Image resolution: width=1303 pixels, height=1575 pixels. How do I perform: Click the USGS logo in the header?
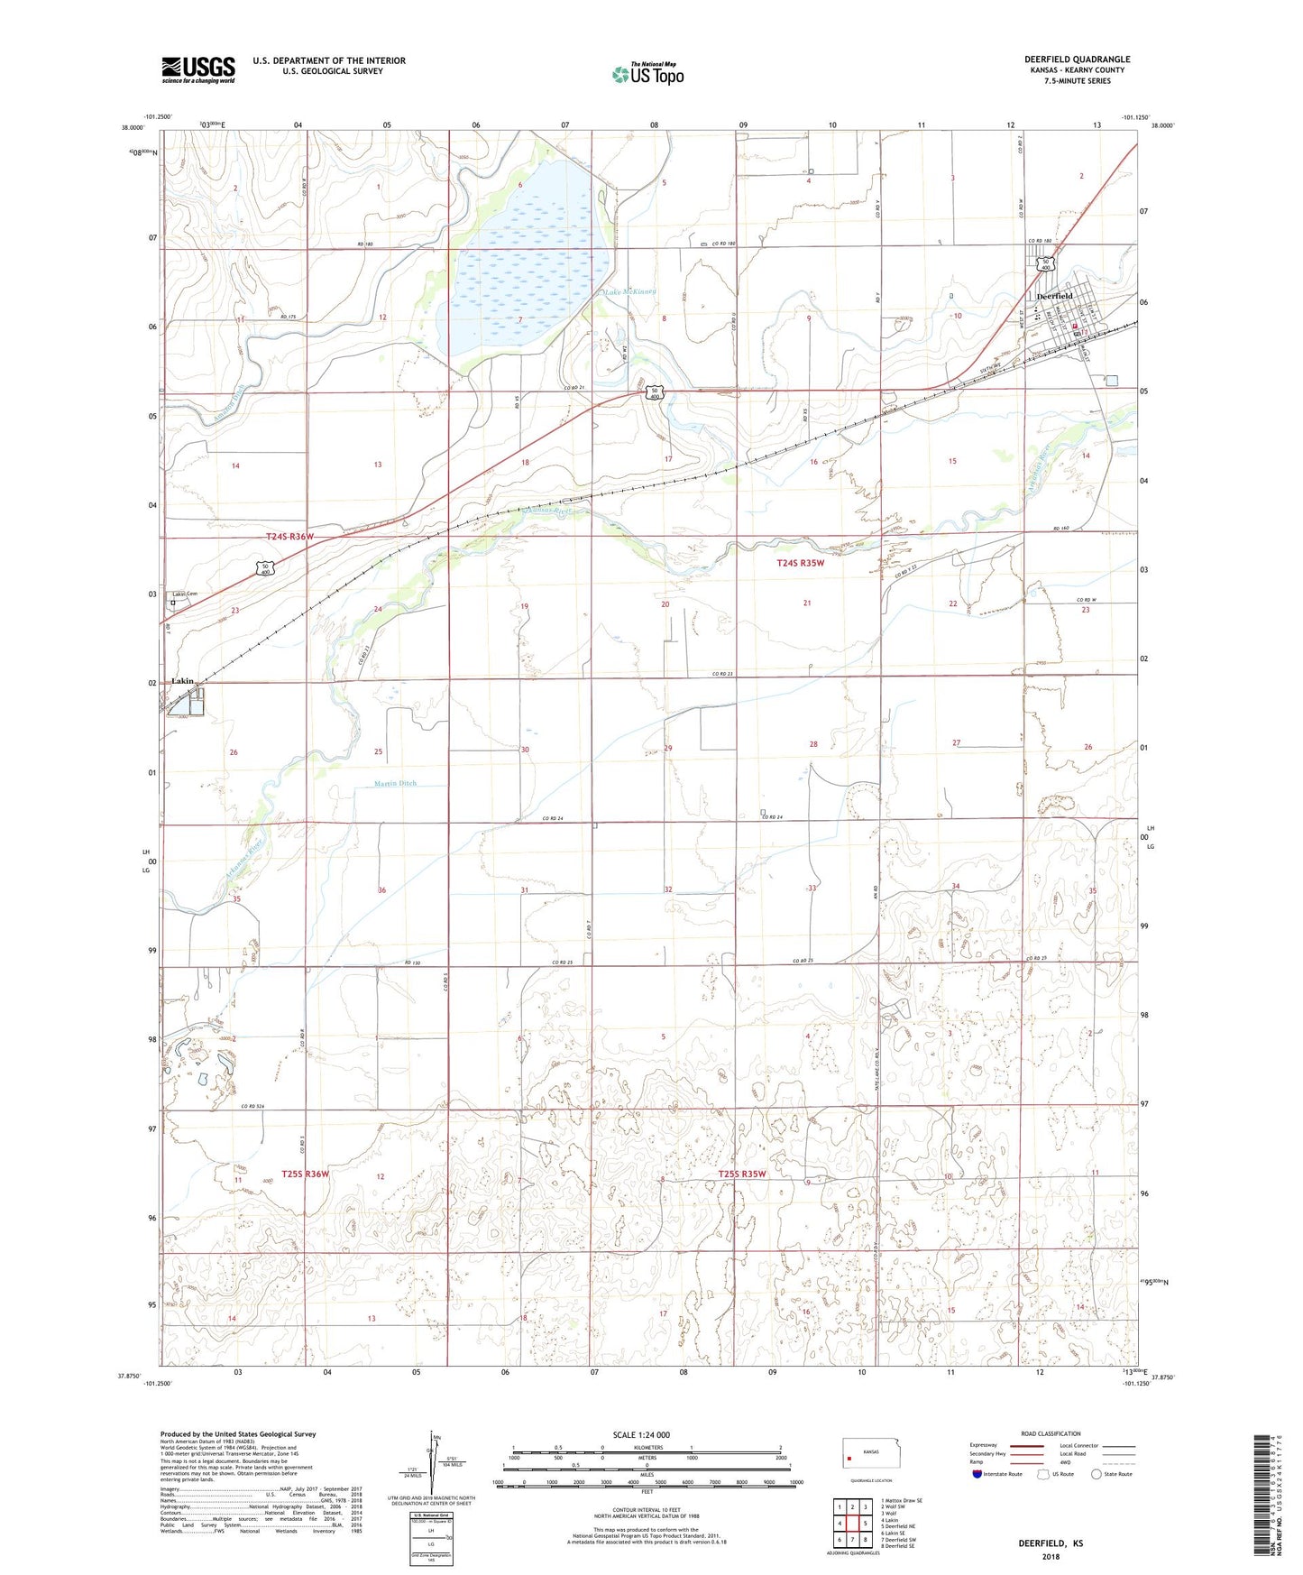tap(198, 69)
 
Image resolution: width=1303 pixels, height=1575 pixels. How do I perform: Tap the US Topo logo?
tap(647, 74)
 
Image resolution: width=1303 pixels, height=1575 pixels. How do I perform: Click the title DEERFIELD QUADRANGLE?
tap(1077, 60)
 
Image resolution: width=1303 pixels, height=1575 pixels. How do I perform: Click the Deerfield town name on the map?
tap(1054, 296)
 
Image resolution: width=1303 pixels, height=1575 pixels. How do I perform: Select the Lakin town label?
tap(184, 681)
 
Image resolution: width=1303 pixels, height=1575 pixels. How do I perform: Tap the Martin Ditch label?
tap(395, 783)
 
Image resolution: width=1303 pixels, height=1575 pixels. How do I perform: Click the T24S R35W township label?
tap(800, 563)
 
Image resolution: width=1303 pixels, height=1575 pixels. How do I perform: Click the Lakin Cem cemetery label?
tap(186, 594)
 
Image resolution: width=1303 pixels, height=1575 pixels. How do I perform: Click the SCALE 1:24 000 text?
tap(641, 1434)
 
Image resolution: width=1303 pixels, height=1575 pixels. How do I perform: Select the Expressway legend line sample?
tap(1027, 1446)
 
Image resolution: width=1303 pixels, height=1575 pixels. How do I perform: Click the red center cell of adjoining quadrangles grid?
tap(852, 1524)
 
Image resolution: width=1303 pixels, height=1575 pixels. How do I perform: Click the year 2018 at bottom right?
tap(1051, 1556)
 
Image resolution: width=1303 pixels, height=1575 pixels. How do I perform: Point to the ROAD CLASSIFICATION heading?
tap(1051, 1433)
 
